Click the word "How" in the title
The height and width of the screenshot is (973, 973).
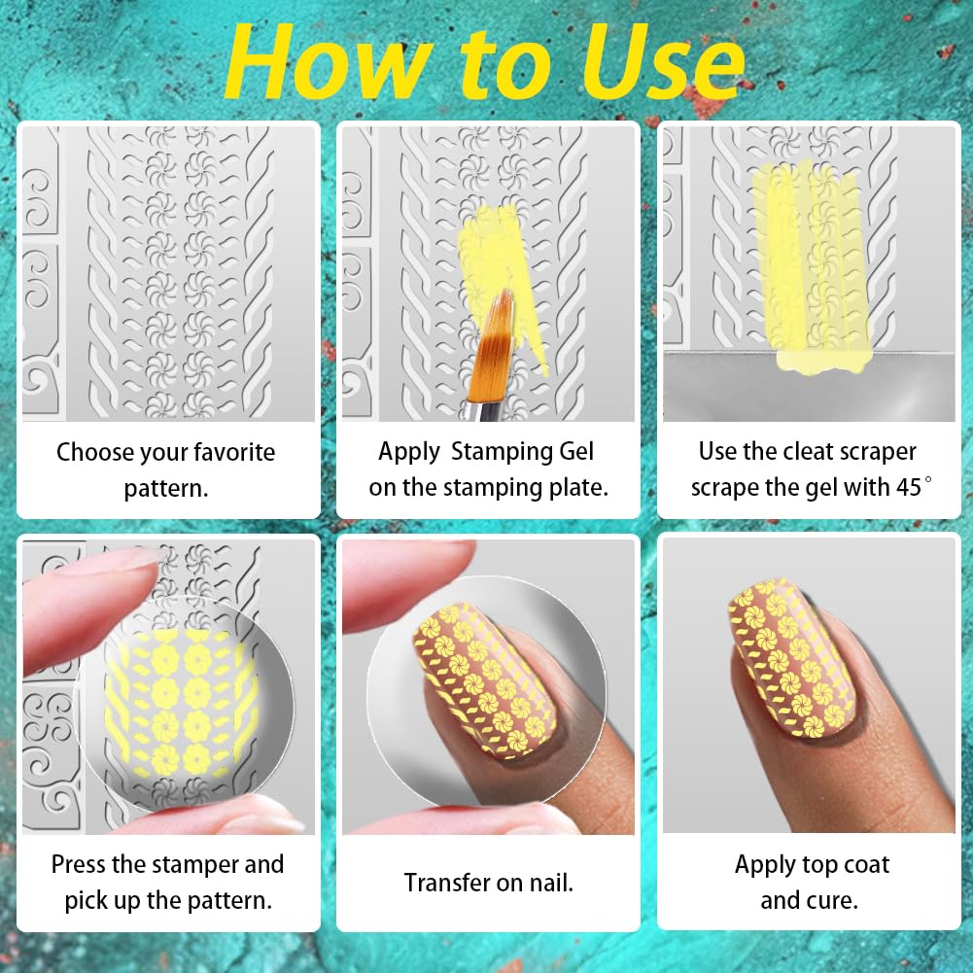click(x=329, y=62)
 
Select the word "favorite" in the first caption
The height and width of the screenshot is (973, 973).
click(x=235, y=452)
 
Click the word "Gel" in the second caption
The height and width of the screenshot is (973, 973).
click(x=575, y=452)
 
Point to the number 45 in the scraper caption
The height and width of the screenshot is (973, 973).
click(x=908, y=488)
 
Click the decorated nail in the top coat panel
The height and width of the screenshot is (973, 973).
click(x=792, y=658)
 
